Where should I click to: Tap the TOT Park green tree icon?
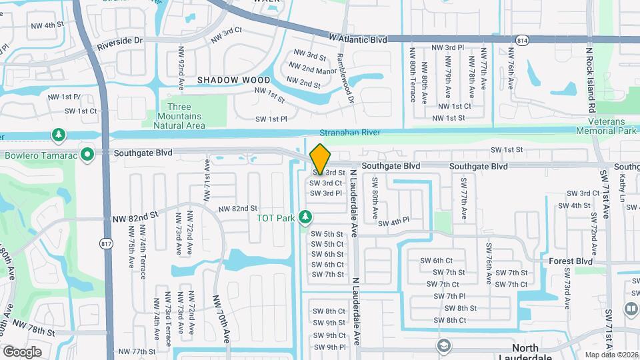306,217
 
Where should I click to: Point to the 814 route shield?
522,41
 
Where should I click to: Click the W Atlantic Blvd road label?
358,39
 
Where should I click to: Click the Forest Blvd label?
570,261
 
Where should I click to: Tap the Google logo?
22,351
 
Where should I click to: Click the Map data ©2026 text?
611,354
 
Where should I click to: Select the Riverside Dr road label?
120,41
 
